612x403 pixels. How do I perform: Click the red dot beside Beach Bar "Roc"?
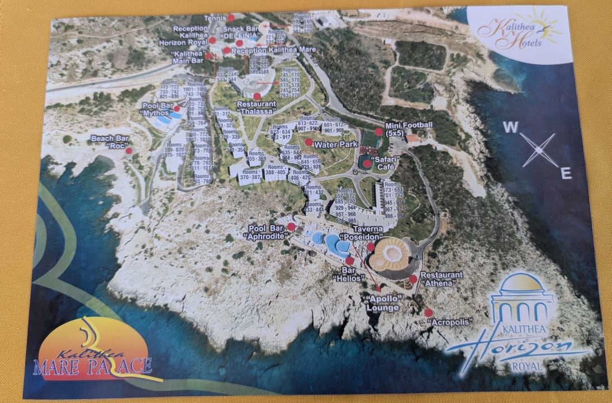pyautogui.click(x=129, y=151)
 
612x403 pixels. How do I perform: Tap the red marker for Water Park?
pyautogui.click(x=309, y=142)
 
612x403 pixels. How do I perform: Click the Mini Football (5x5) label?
pyautogui.click(x=409, y=129)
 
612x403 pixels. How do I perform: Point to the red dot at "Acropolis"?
pyautogui.click(x=428, y=312)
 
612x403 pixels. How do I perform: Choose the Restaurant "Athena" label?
pyautogui.click(x=442, y=279)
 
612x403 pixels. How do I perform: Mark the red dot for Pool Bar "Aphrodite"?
pyautogui.click(x=291, y=227)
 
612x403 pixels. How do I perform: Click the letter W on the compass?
pyautogui.click(x=510, y=128)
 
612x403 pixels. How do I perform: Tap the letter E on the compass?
pyautogui.click(x=566, y=174)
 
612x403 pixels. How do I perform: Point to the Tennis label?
pyautogui.click(x=214, y=18)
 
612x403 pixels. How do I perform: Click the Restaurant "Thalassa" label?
pyautogui.click(x=257, y=107)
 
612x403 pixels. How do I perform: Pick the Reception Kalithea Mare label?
pyautogui.click(x=273, y=50)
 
